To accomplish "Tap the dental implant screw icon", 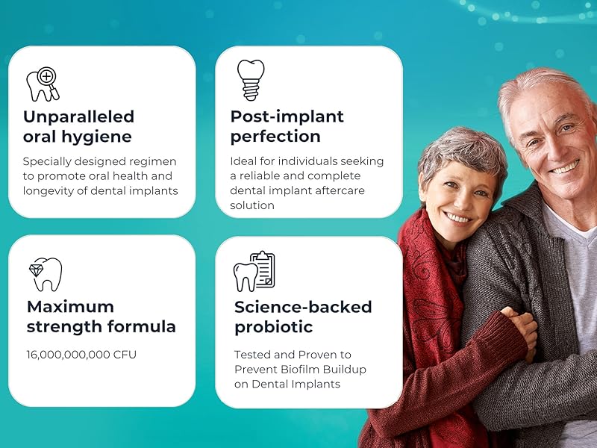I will point(250,80).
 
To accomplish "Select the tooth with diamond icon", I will point(45,274).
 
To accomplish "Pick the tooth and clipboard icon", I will point(254,272).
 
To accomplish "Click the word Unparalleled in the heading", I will point(78,116).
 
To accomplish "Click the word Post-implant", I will point(287,116).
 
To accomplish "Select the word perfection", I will point(275,137).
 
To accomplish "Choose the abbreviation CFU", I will point(125,355).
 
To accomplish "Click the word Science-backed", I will point(303,306).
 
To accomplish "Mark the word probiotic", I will point(273,327).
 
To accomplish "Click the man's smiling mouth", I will point(563,167).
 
